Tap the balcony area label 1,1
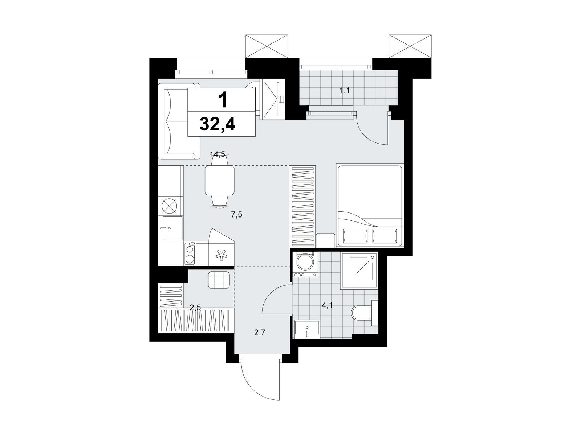point(345,91)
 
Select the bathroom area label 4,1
point(327,306)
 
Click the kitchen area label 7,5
point(237,215)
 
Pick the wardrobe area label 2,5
point(195,307)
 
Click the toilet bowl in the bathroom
point(361,313)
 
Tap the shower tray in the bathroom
point(359,270)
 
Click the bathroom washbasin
point(307,329)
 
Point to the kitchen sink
point(172,228)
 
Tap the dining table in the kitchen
point(219,180)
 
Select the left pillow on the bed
point(355,236)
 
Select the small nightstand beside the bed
point(325,240)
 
